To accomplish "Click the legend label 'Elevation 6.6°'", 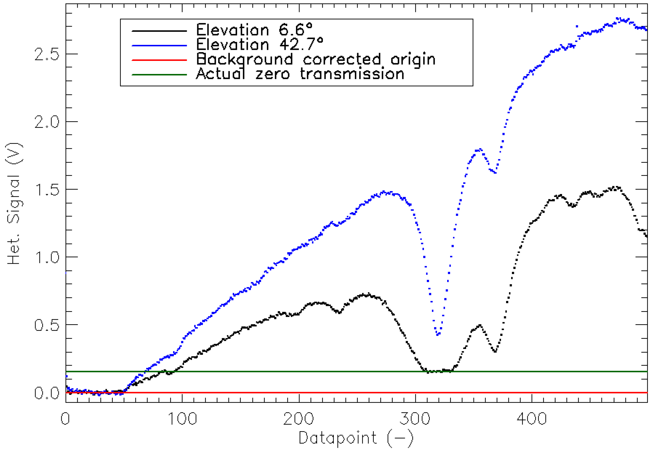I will [x=254, y=30].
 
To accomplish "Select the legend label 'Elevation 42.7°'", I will [x=260, y=44].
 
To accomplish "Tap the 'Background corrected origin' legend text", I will [x=316, y=59].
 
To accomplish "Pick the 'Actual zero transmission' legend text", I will [x=300, y=74].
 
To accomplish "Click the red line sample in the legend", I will [x=159, y=60].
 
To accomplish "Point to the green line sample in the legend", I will [x=159, y=75].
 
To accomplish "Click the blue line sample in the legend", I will [x=159, y=46].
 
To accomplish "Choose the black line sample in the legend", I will [x=159, y=31].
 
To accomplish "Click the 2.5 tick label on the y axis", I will [x=47, y=54].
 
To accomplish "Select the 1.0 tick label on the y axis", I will [x=47, y=257].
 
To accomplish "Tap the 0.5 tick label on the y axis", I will [x=47, y=325].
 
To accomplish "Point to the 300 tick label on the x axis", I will [x=415, y=419].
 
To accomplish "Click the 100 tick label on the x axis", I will [x=182, y=419].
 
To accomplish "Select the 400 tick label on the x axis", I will [x=532, y=419].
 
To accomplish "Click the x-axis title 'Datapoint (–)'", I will [x=356, y=438].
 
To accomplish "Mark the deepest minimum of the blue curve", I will [x=438, y=334].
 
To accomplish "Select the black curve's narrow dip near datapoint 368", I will [x=495, y=351].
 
